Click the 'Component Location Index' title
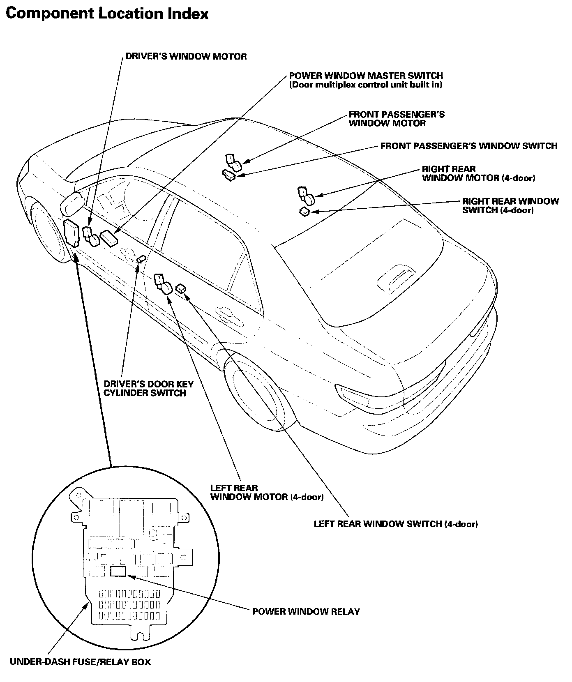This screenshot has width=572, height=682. (107, 14)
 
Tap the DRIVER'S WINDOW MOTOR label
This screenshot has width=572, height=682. (186, 57)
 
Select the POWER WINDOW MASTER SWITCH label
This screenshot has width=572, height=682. (366, 76)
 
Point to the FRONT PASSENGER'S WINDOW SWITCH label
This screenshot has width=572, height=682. (468, 146)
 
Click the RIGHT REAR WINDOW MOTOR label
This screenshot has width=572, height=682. (478, 174)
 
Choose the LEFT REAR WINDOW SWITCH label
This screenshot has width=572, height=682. (395, 524)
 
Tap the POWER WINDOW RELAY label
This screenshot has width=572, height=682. (306, 612)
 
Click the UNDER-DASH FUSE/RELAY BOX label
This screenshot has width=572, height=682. (80, 662)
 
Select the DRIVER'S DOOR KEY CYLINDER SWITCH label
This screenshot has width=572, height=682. (148, 388)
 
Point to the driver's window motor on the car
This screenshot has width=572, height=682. (91, 237)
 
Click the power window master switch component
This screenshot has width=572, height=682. (109, 237)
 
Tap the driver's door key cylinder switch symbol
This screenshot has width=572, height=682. (141, 259)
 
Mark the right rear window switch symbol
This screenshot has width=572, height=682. (304, 211)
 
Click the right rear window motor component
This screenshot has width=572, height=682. (306, 196)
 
